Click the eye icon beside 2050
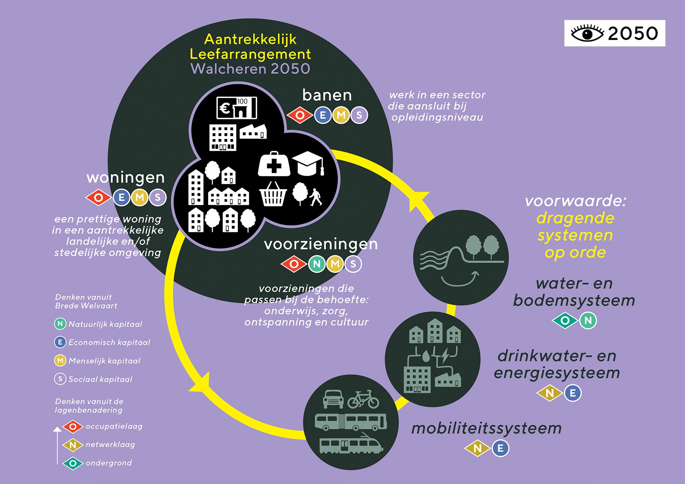coord(587,33)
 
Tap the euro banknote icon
coord(237,108)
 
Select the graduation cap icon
coord(309,163)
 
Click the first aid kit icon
coord(274,164)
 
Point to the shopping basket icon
coord(273,194)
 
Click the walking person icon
coord(316,197)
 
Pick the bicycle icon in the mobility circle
coord(363,399)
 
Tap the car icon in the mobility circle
coord(333,399)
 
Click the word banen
coord(327,95)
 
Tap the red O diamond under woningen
coord(98,198)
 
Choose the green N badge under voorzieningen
coord(317,264)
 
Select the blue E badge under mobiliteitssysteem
coord(500,448)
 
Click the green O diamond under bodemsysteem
coord(565,321)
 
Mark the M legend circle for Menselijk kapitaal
coord(60,361)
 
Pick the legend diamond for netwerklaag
coord(73,445)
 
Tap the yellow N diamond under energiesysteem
coord(549,393)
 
